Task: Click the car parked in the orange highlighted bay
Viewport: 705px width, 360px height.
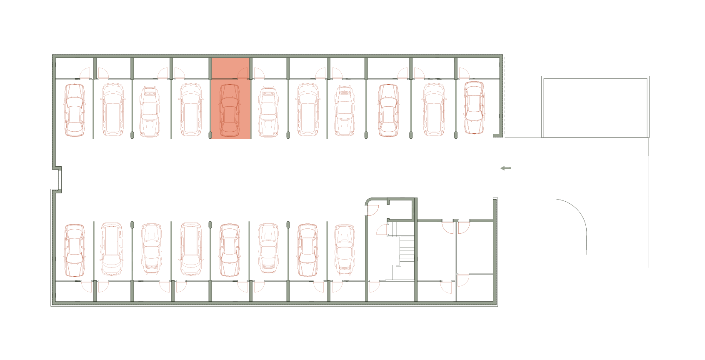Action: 230,110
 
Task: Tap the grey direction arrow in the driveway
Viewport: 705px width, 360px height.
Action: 505,168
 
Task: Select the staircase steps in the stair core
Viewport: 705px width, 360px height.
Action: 407,249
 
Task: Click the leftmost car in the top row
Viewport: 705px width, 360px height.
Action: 75,110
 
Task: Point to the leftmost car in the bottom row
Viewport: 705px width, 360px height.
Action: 75,250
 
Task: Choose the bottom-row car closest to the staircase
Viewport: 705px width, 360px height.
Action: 345,249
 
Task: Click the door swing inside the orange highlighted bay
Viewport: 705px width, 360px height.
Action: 242,74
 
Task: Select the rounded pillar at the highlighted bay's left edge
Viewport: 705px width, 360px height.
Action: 210,135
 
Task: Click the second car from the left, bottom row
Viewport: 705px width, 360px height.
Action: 112,249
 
